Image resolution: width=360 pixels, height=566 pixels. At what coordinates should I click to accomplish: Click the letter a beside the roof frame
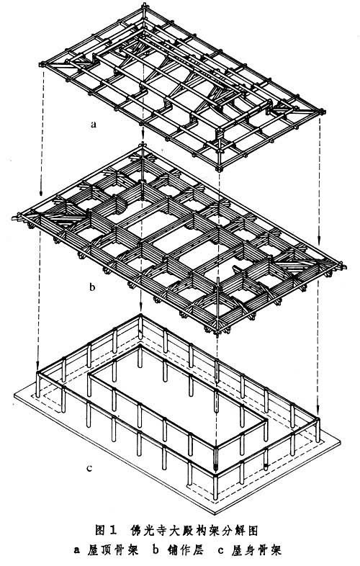pos(94,125)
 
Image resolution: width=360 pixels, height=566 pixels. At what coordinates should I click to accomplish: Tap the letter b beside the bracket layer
pos(93,287)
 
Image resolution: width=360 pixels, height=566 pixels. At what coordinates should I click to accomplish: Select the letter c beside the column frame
pos(89,469)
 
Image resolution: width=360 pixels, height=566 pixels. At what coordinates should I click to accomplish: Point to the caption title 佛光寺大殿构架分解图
pos(193,530)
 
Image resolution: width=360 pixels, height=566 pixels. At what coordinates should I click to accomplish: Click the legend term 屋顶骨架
pos(112,550)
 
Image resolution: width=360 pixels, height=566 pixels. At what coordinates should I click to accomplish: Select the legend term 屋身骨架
pos(256,550)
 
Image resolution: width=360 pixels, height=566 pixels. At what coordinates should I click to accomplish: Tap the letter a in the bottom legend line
pos(76,551)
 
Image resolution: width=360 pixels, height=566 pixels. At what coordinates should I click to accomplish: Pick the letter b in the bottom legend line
pos(156,550)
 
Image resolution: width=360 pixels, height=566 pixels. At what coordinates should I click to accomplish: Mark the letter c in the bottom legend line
pos(220,551)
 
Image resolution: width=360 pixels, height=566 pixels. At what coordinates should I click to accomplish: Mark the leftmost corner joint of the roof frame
pos(42,65)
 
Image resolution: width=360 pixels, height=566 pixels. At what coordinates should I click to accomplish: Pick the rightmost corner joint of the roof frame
pos(321,112)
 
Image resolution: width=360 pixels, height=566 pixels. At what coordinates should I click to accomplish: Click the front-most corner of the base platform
pos(215,514)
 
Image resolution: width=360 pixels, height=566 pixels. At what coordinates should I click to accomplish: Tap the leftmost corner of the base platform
pos(14,396)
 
